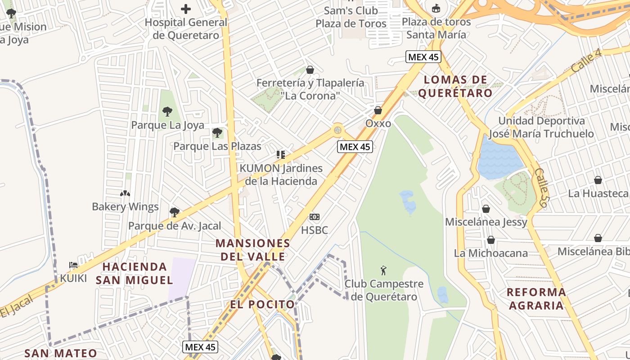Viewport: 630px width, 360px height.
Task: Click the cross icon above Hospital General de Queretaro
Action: pos(185,9)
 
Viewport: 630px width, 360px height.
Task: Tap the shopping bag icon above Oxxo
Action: pos(378,110)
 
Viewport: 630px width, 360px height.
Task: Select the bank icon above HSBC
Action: pos(315,217)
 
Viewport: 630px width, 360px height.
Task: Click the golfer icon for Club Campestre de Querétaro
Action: pos(383,270)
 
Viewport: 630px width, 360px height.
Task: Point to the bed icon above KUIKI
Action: pos(73,265)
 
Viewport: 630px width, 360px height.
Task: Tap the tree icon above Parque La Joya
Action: pos(167,111)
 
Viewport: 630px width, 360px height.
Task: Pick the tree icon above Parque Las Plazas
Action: pos(217,133)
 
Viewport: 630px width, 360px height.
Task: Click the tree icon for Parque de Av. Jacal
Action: pos(175,212)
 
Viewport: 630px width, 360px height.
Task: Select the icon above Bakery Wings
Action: pos(125,193)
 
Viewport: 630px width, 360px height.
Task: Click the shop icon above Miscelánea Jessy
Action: pos(486,209)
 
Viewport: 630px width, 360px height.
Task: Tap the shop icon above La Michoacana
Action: pos(491,240)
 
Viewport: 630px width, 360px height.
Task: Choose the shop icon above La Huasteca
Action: pos(598,180)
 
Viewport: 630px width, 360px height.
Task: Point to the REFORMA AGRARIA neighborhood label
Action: pos(535,298)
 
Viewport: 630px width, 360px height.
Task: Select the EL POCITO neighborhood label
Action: pos(263,304)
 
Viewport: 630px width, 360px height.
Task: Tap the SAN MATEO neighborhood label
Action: pos(61,353)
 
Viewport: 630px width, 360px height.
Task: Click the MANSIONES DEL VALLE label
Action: pos(252,250)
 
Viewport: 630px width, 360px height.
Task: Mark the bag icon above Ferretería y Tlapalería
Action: pos(310,70)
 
